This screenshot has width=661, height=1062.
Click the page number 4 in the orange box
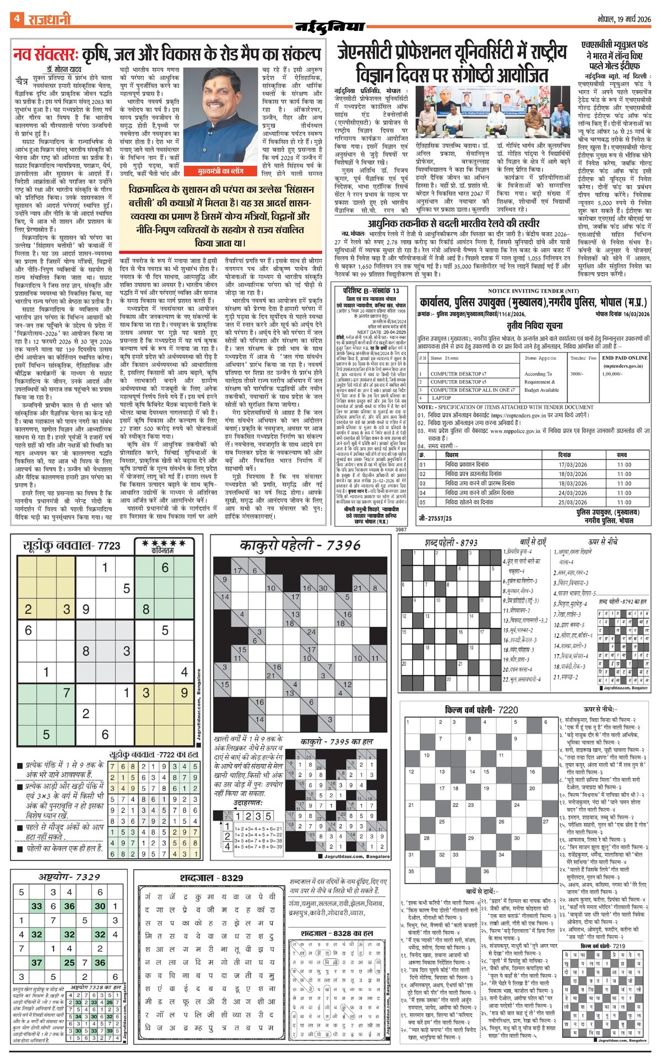pyautogui.click(x=17, y=19)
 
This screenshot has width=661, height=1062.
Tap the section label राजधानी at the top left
pyautogui.click(x=50, y=20)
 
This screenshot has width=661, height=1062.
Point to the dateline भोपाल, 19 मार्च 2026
pyautogui.click(x=624, y=19)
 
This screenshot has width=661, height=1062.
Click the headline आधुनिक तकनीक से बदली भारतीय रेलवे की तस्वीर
pyautogui.click(x=454, y=224)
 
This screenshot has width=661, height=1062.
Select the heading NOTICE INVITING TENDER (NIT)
pyautogui.click(x=533, y=291)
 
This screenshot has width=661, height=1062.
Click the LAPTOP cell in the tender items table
pyautogui.click(x=441, y=397)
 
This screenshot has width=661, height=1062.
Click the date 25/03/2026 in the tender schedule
pyautogui.click(x=572, y=502)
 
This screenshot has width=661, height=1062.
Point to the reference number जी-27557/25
pyautogui.click(x=435, y=518)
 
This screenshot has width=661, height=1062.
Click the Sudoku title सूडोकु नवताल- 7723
pyautogui.click(x=71, y=545)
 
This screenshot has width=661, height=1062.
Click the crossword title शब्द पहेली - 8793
pyautogui.click(x=451, y=543)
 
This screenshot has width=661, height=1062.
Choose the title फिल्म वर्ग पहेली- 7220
pyautogui.click(x=481, y=710)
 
